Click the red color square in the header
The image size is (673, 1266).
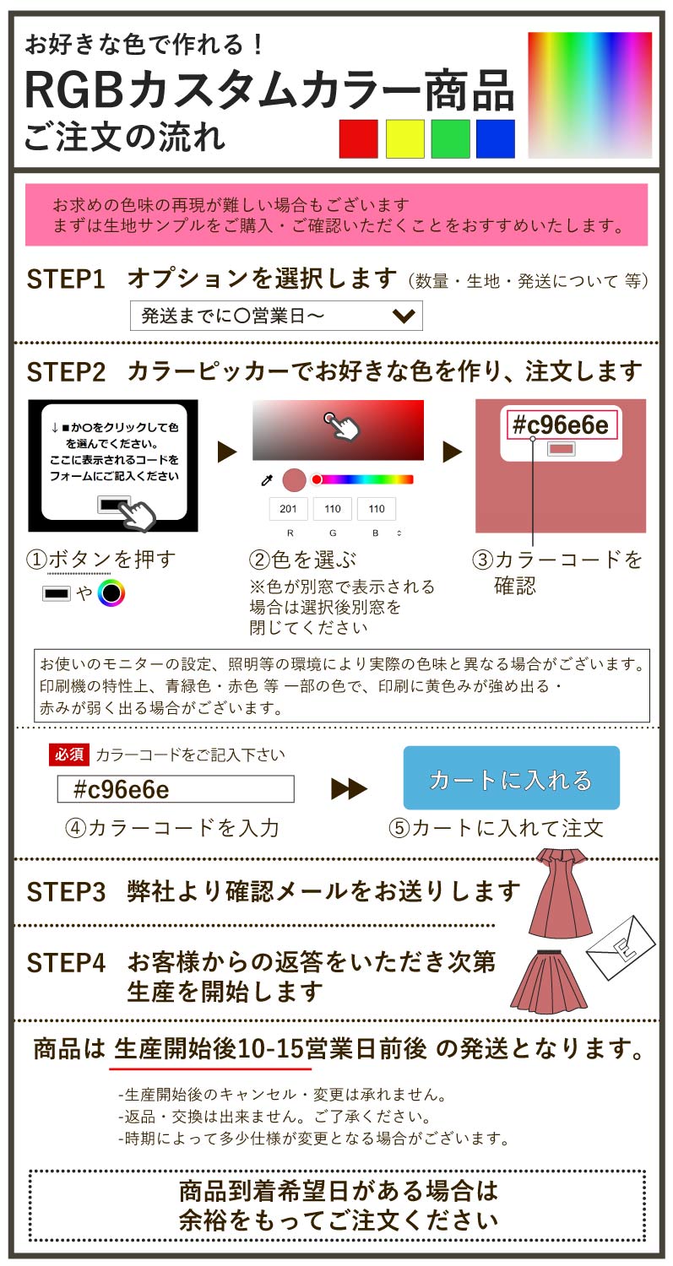click(358, 139)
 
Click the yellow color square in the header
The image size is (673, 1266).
click(404, 139)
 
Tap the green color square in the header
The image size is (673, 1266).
click(450, 139)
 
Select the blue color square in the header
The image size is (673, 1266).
click(496, 139)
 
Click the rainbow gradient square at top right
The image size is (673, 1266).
click(589, 95)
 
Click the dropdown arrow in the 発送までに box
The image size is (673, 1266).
click(404, 316)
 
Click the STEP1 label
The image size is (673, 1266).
click(66, 279)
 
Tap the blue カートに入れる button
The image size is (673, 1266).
click(511, 778)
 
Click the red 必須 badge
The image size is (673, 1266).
click(69, 755)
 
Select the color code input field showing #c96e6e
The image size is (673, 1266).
click(176, 789)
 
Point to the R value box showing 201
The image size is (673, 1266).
click(288, 509)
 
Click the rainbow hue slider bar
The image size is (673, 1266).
click(365, 479)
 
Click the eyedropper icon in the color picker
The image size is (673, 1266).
click(266, 480)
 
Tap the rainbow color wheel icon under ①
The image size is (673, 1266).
click(111, 593)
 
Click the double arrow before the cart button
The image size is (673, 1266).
click(349, 789)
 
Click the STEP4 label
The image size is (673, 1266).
click(66, 963)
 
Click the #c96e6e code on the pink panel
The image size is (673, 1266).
click(562, 425)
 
